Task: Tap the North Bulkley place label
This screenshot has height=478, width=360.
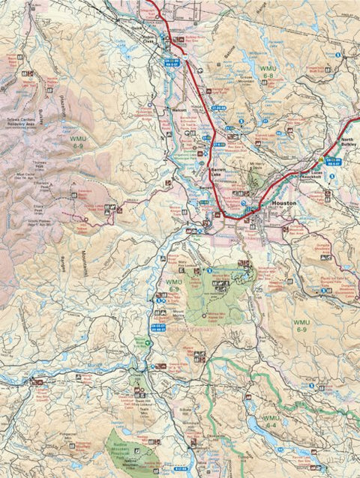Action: pyautogui.click(x=349, y=144)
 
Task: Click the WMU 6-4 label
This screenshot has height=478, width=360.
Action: pyautogui.click(x=271, y=420)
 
